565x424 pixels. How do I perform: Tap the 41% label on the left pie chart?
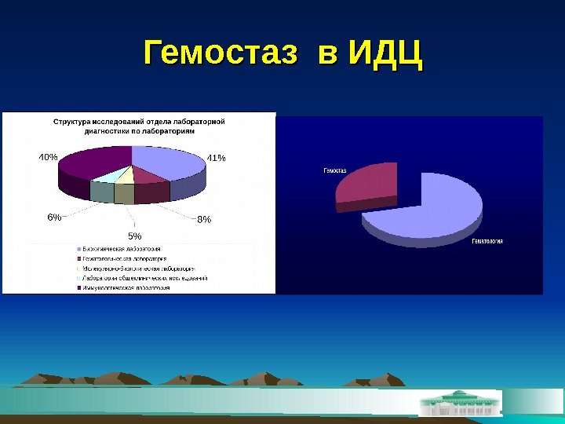[216, 158]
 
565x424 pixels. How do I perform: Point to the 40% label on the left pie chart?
[48, 156]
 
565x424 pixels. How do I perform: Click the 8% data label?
[204, 220]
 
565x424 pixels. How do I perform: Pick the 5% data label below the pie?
[135, 236]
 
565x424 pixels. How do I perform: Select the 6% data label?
[54, 217]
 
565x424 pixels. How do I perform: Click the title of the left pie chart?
[139, 126]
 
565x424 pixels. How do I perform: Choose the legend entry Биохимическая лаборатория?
[125, 248]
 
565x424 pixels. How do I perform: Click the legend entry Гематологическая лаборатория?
[125, 258]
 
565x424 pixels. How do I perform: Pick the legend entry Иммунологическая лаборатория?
[126, 288]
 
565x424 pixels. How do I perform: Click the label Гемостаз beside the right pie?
[335, 170]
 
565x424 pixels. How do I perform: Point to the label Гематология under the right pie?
[487, 241]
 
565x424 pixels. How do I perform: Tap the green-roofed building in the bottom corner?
[460, 402]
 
